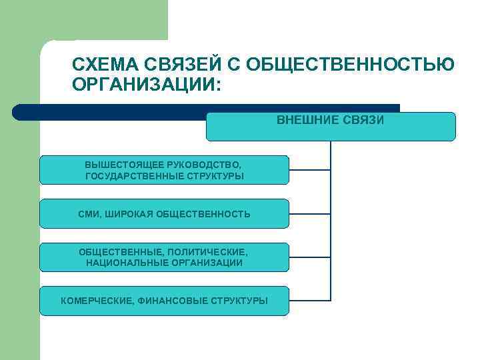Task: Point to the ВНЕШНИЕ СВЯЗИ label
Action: tap(330, 121)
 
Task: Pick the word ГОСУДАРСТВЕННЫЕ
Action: tap(135, 176)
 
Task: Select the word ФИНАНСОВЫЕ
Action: tap(172, 301)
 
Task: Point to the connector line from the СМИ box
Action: tap(309, 214)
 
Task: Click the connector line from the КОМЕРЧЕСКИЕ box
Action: tap(309, 301)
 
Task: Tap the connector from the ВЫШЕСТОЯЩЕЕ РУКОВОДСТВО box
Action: tap(309, 170)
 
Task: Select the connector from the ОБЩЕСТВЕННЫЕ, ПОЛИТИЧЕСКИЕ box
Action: tap(309, 257)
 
